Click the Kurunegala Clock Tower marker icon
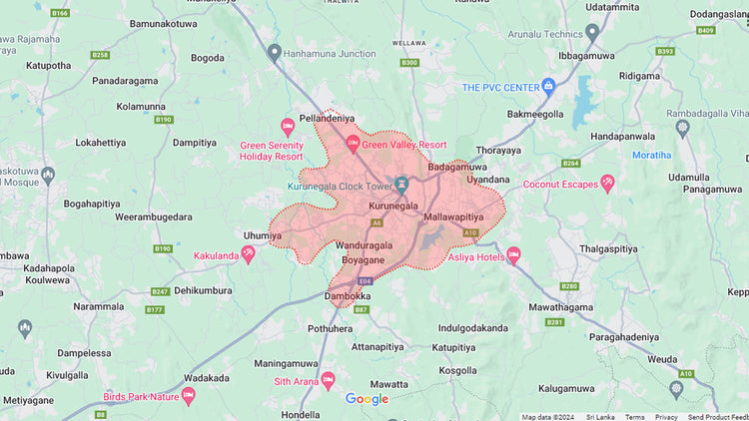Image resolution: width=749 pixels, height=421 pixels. pyautogui.click(x=402, y=185)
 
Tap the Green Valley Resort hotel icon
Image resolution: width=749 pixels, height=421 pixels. pyautogui.click(x=352, y=144)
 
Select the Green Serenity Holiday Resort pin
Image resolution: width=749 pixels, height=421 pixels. pyautogui.click(x=288, y=126)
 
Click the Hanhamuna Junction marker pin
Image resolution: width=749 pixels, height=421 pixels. pyautogui.click(x=275, y=52)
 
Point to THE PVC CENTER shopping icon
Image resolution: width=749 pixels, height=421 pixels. pyautogui.click(x=547, y=87)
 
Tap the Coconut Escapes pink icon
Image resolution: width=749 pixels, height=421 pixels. pyautogui.click(x=607, y=183)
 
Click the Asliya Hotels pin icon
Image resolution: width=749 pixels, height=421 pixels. pyautogui.click(x=513, y=255)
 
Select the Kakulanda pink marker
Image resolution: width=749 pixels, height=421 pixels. pyautogui.click(x=249, y=254)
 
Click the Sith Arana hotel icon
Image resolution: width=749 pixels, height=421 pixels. pyautogui.click(x=328, y=380)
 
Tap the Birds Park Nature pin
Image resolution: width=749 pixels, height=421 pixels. pyautogui.click(x=188, y=395)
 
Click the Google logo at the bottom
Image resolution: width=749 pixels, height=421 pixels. pyautogui.click(x=367, y=400)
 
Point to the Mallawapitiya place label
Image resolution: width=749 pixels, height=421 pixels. pyautogui.click(x=453, y=215)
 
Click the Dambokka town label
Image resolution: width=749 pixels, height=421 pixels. pyautogui.click(x=349, y=296)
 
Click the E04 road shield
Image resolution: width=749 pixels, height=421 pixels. pyautogui.click(x=366, y=281)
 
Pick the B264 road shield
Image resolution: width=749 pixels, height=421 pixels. pyautogui.click(x=570, y=163)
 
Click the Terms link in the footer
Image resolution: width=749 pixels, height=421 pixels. pyautogui.click(x=634, y=417)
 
